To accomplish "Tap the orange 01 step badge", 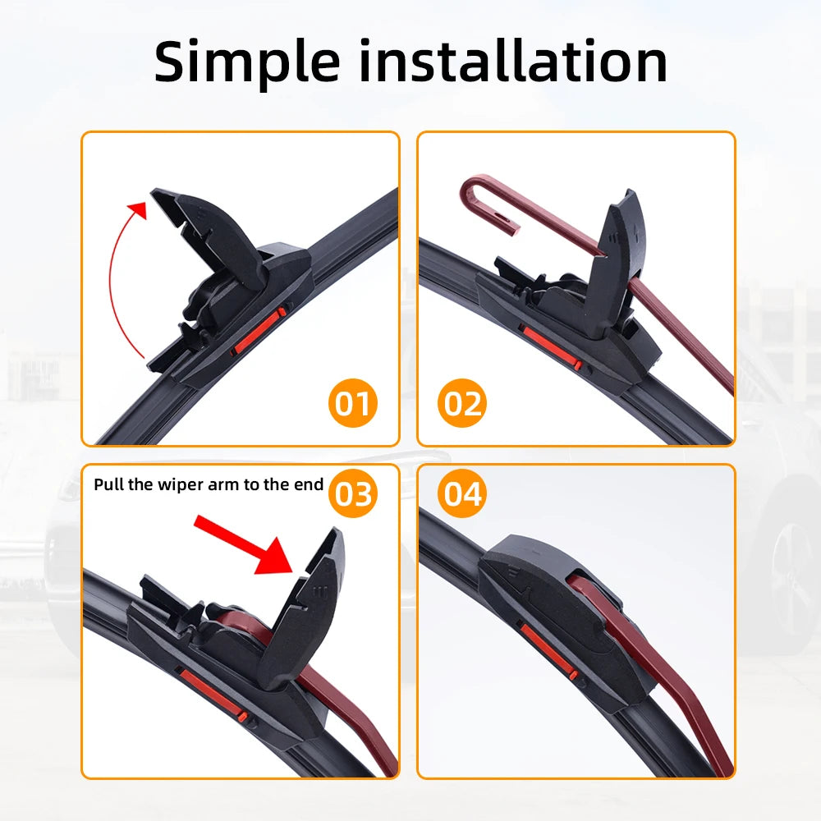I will [354, 404].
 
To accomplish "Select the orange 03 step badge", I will [353, 494].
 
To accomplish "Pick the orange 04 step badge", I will [462, 494].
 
